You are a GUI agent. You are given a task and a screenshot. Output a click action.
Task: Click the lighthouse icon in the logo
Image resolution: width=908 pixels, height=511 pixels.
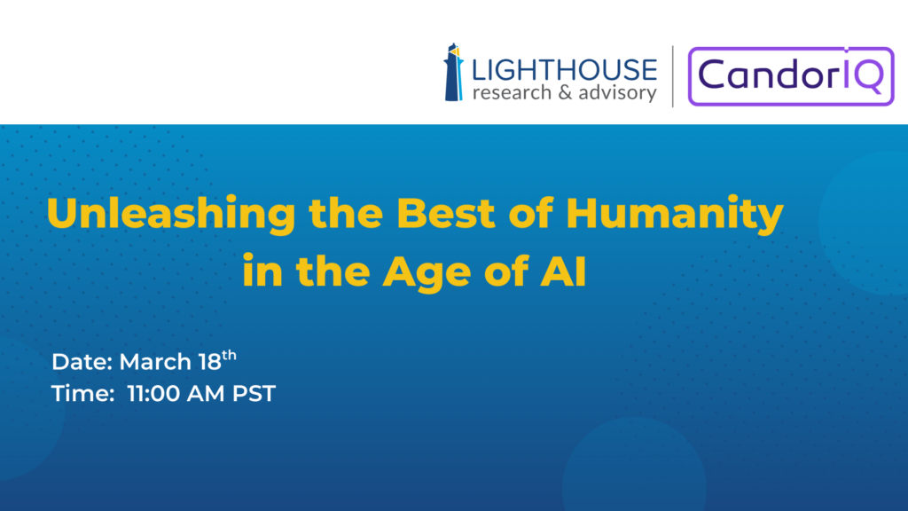(454, 73)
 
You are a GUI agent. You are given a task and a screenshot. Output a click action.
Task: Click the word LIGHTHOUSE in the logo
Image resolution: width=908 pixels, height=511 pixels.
(565, 70)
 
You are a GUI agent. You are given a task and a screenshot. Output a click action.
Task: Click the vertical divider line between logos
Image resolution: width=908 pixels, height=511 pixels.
(672, 76)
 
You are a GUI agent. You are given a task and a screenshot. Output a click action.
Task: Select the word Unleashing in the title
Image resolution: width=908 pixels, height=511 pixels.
(171, 213)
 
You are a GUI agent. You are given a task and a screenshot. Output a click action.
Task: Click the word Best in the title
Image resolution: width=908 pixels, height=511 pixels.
(446, 213)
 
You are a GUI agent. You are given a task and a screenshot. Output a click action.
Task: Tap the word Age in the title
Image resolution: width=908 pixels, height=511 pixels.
(427, 271)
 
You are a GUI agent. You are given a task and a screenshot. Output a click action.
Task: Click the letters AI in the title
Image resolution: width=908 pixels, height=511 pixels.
(563, 271)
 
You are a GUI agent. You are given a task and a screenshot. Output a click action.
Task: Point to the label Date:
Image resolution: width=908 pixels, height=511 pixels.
(82, 362)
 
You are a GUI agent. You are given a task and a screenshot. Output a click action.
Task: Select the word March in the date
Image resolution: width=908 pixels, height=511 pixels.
(155, 362)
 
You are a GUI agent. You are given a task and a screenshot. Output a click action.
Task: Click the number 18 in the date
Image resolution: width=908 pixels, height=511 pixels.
(209, 362)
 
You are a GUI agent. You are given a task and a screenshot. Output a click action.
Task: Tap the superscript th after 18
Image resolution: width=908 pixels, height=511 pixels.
(230, 355)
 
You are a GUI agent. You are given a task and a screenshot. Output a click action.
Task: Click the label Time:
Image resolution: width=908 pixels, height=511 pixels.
(82, 394)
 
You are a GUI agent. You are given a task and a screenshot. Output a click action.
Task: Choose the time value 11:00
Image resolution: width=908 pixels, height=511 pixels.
(153, 394)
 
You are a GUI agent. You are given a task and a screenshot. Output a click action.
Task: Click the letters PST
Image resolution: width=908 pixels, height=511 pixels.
(254, 394)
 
